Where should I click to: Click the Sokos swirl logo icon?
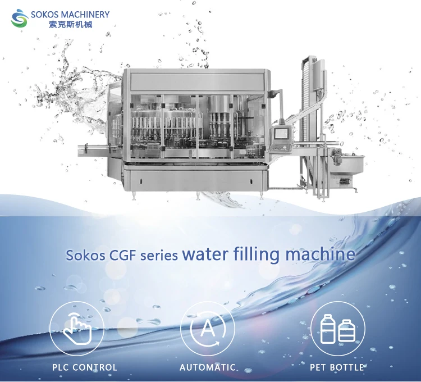tap(20, 19)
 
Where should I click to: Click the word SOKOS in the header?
tap(44, 15)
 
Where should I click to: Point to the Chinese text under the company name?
tap(71, 25)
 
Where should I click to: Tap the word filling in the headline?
tap(257, 254)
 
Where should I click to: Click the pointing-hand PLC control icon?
tap(77, 328)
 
